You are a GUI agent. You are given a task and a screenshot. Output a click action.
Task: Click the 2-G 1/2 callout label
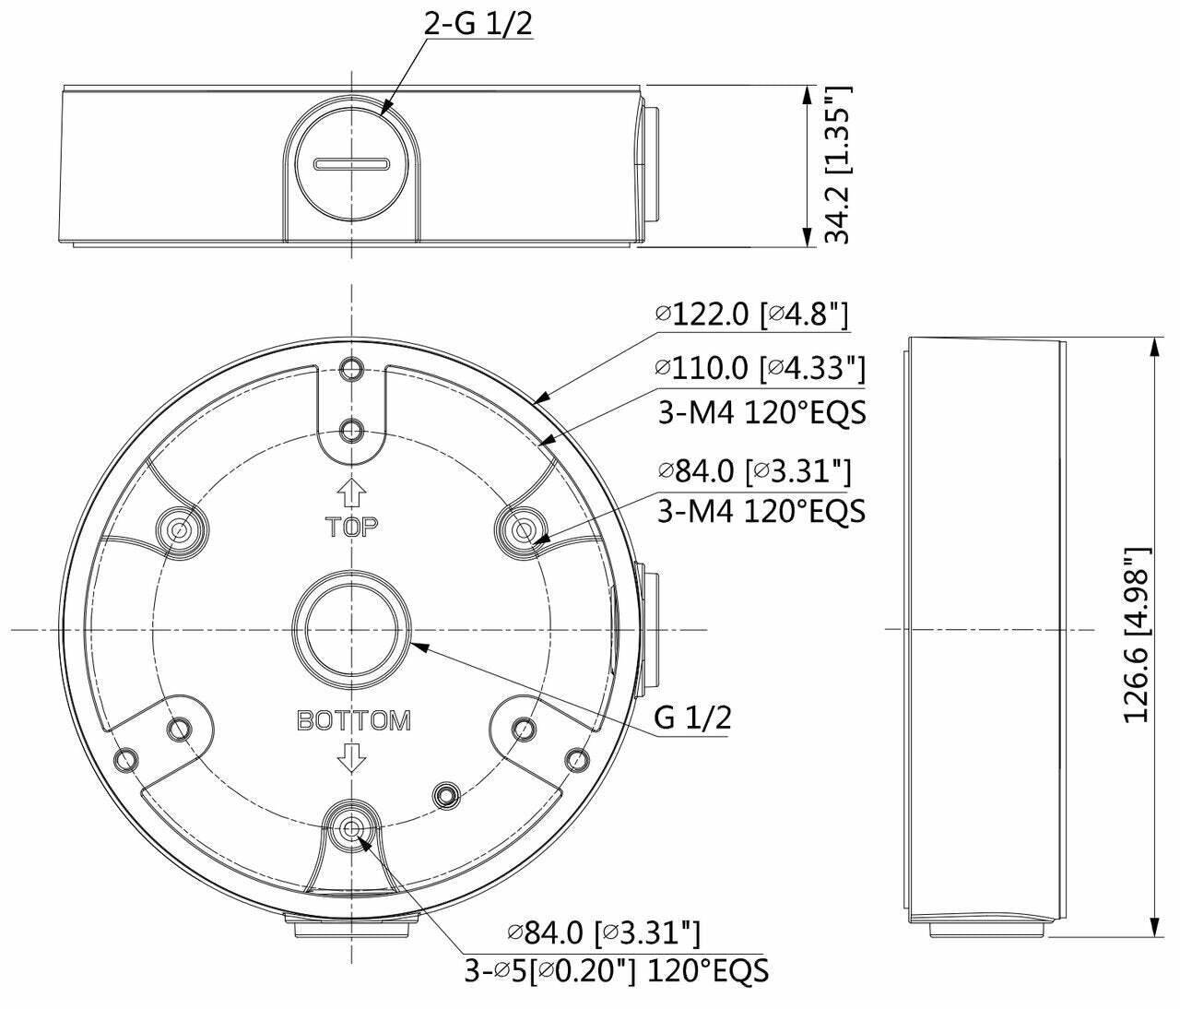tap(478, 24)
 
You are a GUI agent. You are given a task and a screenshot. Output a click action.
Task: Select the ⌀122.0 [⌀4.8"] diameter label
tap(750, 315)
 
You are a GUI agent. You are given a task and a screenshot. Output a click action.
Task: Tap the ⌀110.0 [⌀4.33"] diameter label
tap(760, 368)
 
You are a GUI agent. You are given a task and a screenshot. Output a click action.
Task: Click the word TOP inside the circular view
tap(351, 527)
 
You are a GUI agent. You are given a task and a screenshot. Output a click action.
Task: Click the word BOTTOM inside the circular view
tap(353, 720)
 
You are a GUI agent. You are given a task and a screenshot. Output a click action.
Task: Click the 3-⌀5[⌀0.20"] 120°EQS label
tap(616, 970)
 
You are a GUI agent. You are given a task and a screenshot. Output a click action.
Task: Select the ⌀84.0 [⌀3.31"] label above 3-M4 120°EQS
tap(754, 471)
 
